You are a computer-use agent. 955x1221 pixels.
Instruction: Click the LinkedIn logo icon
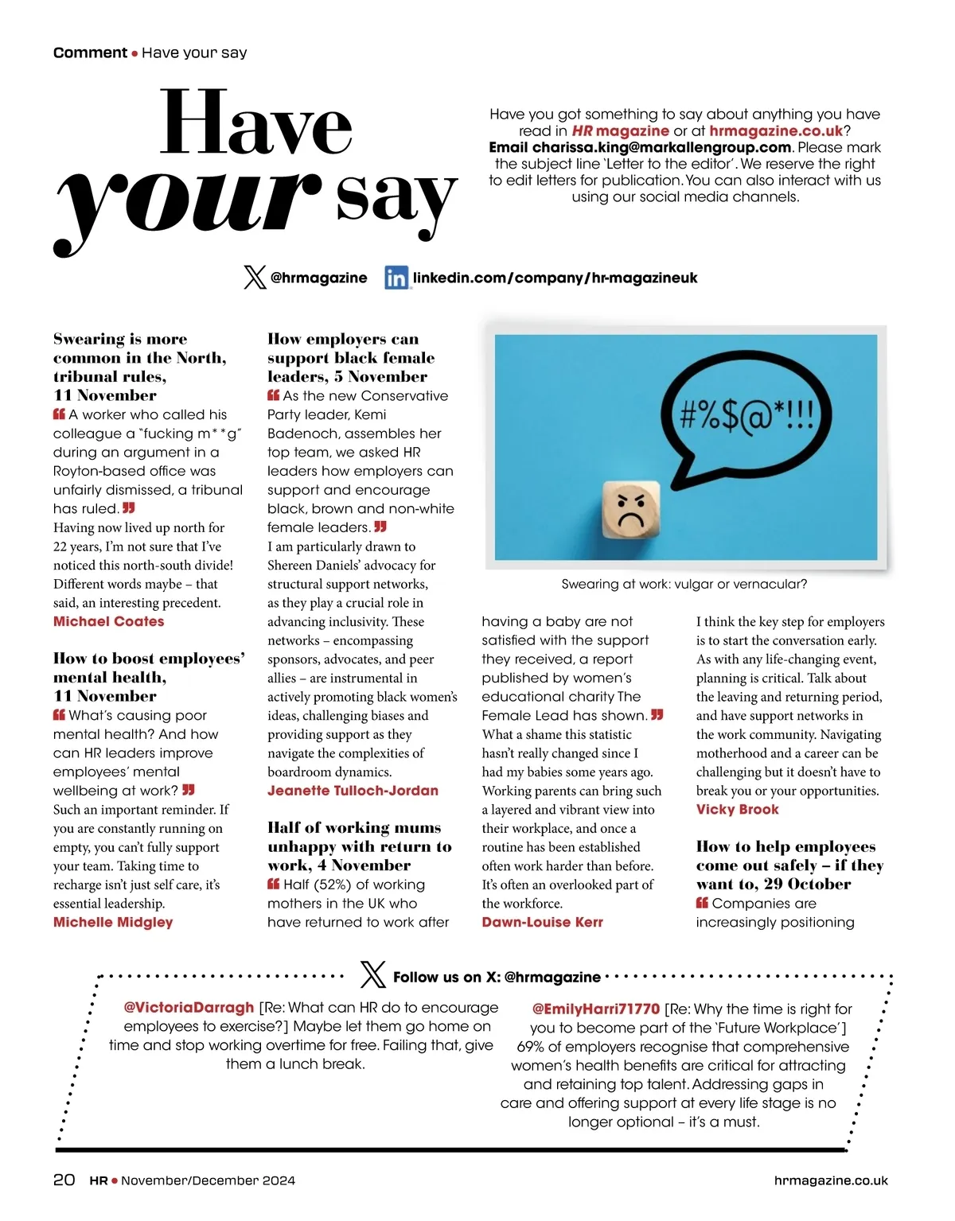click(396, 278)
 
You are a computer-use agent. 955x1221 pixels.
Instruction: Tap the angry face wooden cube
click(631, 511)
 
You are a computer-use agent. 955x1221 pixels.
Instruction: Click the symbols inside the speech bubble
click(746, 414)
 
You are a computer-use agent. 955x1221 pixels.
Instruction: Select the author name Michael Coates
click(109, 621)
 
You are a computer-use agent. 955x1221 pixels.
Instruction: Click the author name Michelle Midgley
click(113, 922)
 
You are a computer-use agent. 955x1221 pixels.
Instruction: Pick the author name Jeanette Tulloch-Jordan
click(353, 791)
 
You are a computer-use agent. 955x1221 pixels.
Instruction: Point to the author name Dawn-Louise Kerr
click(542, 922)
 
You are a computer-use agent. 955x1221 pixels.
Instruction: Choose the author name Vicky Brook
click(737, 809)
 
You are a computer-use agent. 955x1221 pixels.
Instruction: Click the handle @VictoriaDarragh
click(189, 1008)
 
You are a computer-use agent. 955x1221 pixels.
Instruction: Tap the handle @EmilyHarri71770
click(595, 1009)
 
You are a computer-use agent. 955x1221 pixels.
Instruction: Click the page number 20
click(64, 1180)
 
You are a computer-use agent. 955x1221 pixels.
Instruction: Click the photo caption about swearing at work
click(684, 584)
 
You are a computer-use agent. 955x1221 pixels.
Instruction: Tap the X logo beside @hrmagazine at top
click(255, 278)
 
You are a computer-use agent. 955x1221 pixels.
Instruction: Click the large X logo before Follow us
click(372, 975)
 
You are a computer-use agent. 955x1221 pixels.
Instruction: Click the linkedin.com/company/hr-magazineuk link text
click(555, 278)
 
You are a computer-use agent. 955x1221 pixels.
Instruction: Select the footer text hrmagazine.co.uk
click(831, 1180)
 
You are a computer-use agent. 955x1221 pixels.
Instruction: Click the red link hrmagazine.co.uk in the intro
click(775, 130)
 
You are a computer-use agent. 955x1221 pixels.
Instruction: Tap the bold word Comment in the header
click(90, 52)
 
